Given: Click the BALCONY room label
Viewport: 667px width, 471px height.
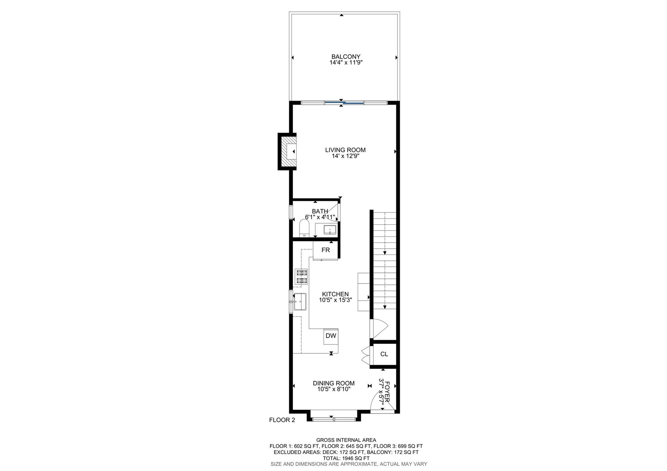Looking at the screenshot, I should coord(346,57).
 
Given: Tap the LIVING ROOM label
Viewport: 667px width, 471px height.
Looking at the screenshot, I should coord(345,150).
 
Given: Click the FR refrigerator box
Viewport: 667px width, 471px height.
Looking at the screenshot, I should coord(325,250).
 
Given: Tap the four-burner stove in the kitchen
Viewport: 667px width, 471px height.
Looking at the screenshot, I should coord(301,277).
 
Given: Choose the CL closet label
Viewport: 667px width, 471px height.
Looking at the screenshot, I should coord(384,354).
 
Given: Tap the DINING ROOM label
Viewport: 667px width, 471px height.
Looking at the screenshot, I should coord(333,383).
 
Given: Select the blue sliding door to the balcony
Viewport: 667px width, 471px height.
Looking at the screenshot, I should coord(344,103).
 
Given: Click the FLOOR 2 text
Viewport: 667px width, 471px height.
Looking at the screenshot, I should coord(282,420).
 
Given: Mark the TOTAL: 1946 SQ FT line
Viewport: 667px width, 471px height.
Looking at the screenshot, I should coord(346,458).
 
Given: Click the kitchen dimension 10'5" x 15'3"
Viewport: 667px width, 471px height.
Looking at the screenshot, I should coord(335,300).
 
